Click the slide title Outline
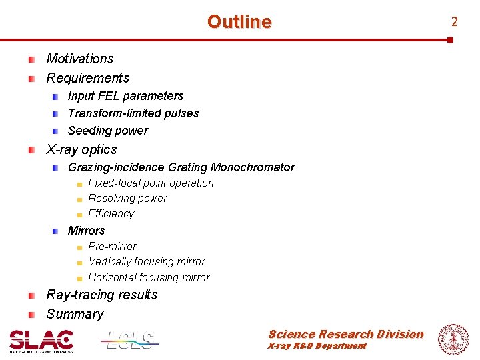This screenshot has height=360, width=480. [239, 22]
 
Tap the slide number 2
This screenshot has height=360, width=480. [454, 22]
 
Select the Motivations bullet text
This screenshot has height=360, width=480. [80, 59]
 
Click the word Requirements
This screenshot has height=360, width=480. [87, 79]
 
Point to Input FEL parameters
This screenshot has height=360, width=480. [125, 96]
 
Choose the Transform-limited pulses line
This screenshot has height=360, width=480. [133, 113]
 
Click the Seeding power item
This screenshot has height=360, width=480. [108, 131]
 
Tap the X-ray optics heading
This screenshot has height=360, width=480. [81, 149]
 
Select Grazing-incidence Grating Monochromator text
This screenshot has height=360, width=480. [181, 167]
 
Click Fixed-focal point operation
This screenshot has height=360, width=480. [151, 183]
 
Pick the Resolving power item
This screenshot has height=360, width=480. [127, 198]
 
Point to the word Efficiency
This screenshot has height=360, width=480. [111, 214]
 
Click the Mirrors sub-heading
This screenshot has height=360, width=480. [87, 231]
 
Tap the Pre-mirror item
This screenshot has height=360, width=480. [112, 246]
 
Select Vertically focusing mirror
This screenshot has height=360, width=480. [147, 262]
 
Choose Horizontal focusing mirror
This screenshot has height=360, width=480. [149, 278]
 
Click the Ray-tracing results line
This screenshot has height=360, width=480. [102, 295]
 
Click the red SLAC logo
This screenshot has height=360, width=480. [41, 341]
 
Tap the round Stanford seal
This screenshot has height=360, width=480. [453, 339]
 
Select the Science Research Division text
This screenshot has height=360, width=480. [345, 334]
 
